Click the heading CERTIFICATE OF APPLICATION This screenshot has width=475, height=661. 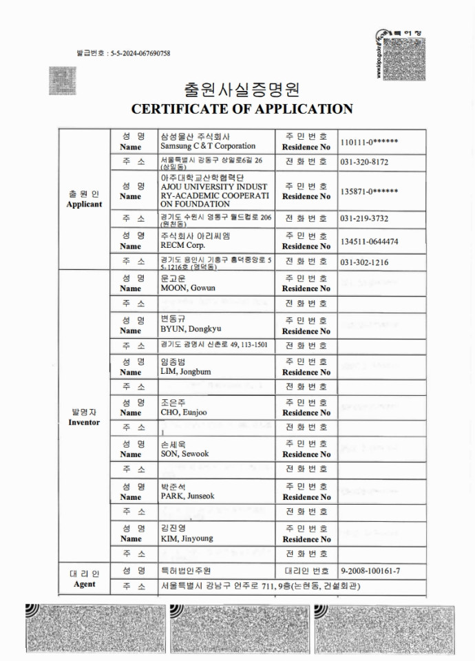pos(242,109)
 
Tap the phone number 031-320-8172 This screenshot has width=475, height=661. pos(364,162)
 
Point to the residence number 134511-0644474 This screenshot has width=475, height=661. pos(369,241)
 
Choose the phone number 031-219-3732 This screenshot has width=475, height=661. pos(364,218)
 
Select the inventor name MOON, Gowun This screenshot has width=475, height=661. pos(188,288)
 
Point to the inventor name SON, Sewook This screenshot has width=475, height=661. pos(184,454)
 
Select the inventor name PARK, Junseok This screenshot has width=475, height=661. pos(187,496)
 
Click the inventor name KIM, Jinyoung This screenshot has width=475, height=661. pos(187,538)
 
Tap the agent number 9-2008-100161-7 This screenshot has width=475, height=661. pos(370,571)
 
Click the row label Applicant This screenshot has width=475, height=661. pos(84,204)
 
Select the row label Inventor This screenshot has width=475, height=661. pos(84,422)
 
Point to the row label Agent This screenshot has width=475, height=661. pos(84,585)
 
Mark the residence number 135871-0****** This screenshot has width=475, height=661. pos(370,191)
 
